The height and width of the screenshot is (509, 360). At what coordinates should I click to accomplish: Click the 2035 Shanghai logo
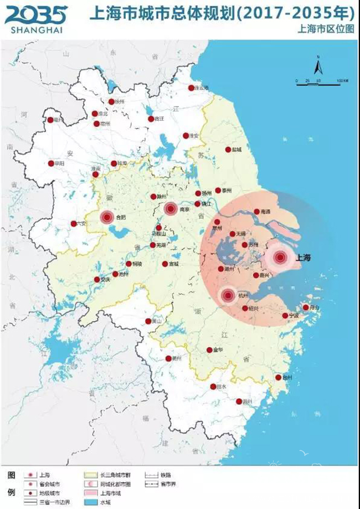[x=35, y=15]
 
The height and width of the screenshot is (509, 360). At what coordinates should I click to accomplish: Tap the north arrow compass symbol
[x=318, y=67]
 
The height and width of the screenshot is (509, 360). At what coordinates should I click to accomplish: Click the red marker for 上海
[x=280, y=257]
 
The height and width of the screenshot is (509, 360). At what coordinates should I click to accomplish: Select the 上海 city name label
[x=304, y=257]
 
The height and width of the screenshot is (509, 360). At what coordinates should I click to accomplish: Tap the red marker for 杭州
[x=228, y=296]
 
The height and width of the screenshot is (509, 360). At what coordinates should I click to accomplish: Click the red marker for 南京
[x=170, y=209]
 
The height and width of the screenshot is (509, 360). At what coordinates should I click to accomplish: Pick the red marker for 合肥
[x=107, y=218]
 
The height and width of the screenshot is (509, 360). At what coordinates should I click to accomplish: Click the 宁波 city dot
[x=285, y=316]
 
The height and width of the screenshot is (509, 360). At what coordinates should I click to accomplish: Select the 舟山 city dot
[x=305, y=307]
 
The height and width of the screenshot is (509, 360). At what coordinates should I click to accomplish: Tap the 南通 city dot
[x=256, y=212]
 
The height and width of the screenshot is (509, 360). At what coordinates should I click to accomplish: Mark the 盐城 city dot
[x=228, y=150]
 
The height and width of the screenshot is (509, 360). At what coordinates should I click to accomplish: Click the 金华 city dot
[x=209, y=350]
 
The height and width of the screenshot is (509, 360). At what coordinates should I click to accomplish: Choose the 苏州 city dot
[x=245, y=244]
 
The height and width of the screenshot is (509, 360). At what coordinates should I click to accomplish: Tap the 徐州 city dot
[x=110, y=102]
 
